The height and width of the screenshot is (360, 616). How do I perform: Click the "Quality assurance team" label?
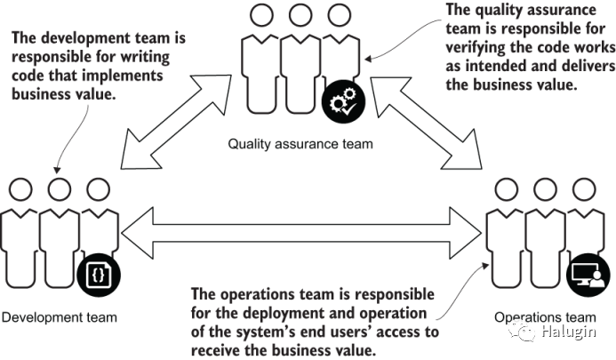pyautogui.click(x=300, y=143)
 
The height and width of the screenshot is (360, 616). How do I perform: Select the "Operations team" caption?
pyautogui.click(x=545, y=316)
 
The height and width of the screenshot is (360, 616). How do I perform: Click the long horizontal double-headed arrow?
pyautogui.click(x=303, y=234)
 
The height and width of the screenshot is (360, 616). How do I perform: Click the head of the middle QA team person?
pyautogui.click(x=299, y=15)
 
